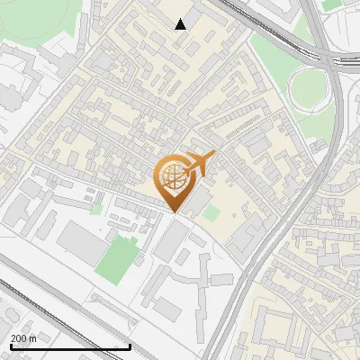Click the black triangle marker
[181, 24]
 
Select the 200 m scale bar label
[23, 338]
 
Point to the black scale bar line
[70, 346]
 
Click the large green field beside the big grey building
[117, 256]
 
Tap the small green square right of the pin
[211, 213]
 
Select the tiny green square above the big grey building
[96, 209]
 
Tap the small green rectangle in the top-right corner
[333, 4]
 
